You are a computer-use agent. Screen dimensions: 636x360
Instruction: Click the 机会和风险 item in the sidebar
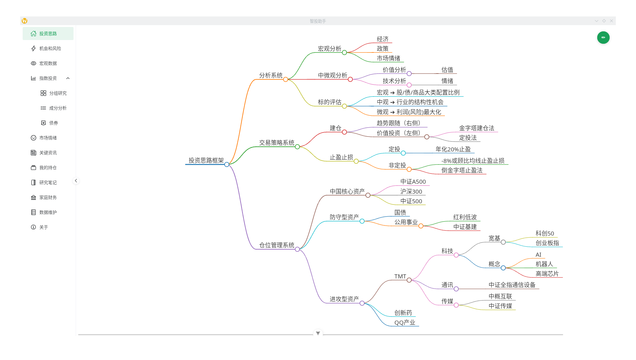[x=50, y=48]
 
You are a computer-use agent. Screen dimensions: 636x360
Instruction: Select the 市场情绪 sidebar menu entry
[x=48, y=138]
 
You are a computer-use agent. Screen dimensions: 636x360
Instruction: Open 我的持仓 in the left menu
[x=48, y=168]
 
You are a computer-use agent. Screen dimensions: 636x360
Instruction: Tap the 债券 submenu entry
[x=53, y=123]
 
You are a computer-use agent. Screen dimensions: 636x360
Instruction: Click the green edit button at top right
[x=603, y=38]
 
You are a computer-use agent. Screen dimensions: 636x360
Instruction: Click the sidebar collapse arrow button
[x=76, y=181]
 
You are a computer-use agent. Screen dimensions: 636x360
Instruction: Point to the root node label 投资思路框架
[x=206, y=160]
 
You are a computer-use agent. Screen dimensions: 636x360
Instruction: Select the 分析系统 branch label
[x=271, y=75]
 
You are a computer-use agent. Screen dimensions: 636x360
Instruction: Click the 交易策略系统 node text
[x=277, y=143]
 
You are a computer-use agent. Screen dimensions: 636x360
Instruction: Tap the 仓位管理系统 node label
[x=277, y=245]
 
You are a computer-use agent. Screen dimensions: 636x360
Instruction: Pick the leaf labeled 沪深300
[x=411, y=191]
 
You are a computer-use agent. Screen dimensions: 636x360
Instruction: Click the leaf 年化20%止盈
[x=453, y=149]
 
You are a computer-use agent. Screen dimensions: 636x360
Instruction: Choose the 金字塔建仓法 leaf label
[x=477, y=128]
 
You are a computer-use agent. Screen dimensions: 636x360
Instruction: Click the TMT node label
[x=400, y=277]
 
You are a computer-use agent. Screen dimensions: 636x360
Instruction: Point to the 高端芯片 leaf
[x=547, y=274]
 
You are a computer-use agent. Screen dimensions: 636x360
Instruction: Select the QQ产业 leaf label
[x=405, y=322]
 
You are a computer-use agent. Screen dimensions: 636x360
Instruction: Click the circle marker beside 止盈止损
[x=356, y=161]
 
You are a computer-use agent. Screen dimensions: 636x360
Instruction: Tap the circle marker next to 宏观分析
[x=344, y=53]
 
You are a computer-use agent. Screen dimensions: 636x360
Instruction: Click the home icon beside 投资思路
[x=34, y=34]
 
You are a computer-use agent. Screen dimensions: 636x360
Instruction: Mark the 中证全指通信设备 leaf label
[x=512, y=285]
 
